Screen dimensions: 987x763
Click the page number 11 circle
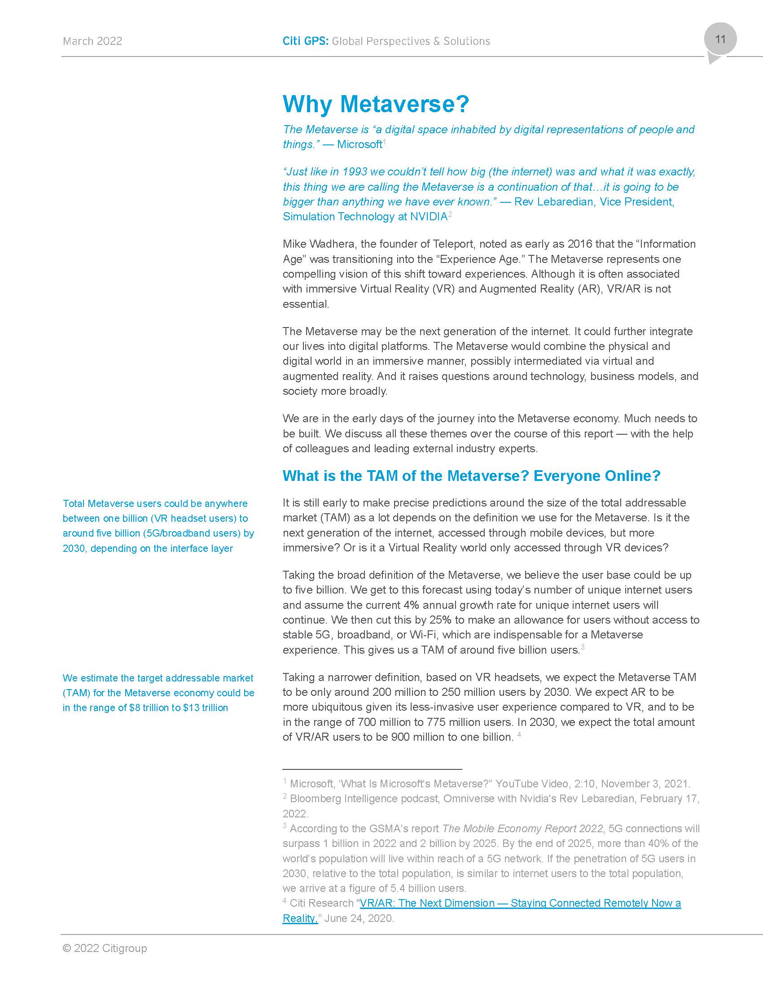tap(720, 39)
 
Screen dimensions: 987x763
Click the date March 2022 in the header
tap(92, 41)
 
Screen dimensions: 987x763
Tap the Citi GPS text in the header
tap(306, 41)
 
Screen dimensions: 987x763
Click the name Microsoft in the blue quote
tap(360, 144)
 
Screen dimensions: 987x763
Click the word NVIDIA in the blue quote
tap(428, 217)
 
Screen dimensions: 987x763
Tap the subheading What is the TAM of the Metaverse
tap(471, 476)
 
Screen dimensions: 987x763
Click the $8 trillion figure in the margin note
tap(149, 707)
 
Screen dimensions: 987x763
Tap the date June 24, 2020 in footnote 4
tap(359, 918)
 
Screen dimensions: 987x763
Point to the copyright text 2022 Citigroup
tap(105, 948)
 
